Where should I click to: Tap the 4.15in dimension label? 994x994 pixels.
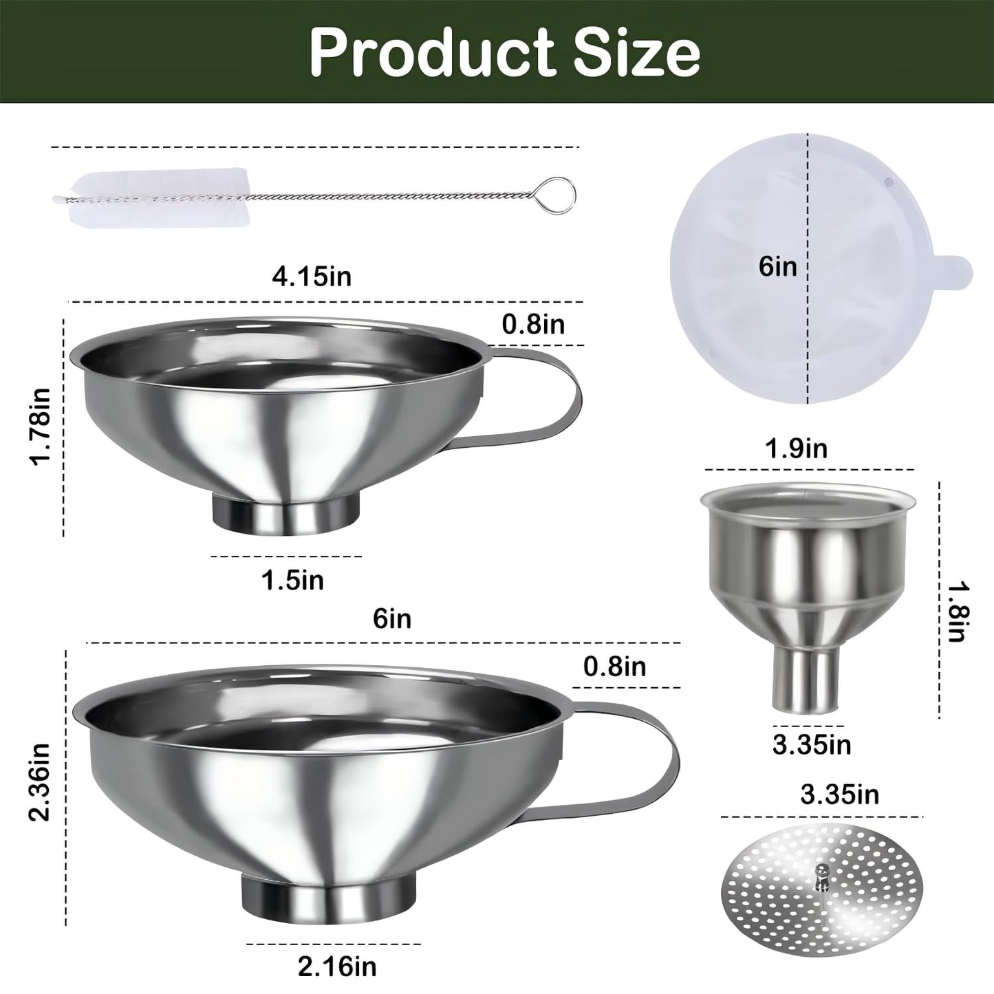[x=312, y=277]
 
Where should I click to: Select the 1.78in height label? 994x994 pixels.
[x=41, y=426]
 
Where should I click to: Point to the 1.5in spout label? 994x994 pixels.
[x=292, y=580]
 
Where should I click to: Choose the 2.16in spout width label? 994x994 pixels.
[x=337, y=966]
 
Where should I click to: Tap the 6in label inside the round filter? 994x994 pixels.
[x=778, y=266]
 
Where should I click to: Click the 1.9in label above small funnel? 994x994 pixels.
[x=797, y=449]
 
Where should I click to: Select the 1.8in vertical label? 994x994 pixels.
[x=957, y=612]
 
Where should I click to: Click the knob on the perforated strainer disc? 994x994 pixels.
[x=820, y=876]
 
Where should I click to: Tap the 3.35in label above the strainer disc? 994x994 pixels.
[x=839, y=795]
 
